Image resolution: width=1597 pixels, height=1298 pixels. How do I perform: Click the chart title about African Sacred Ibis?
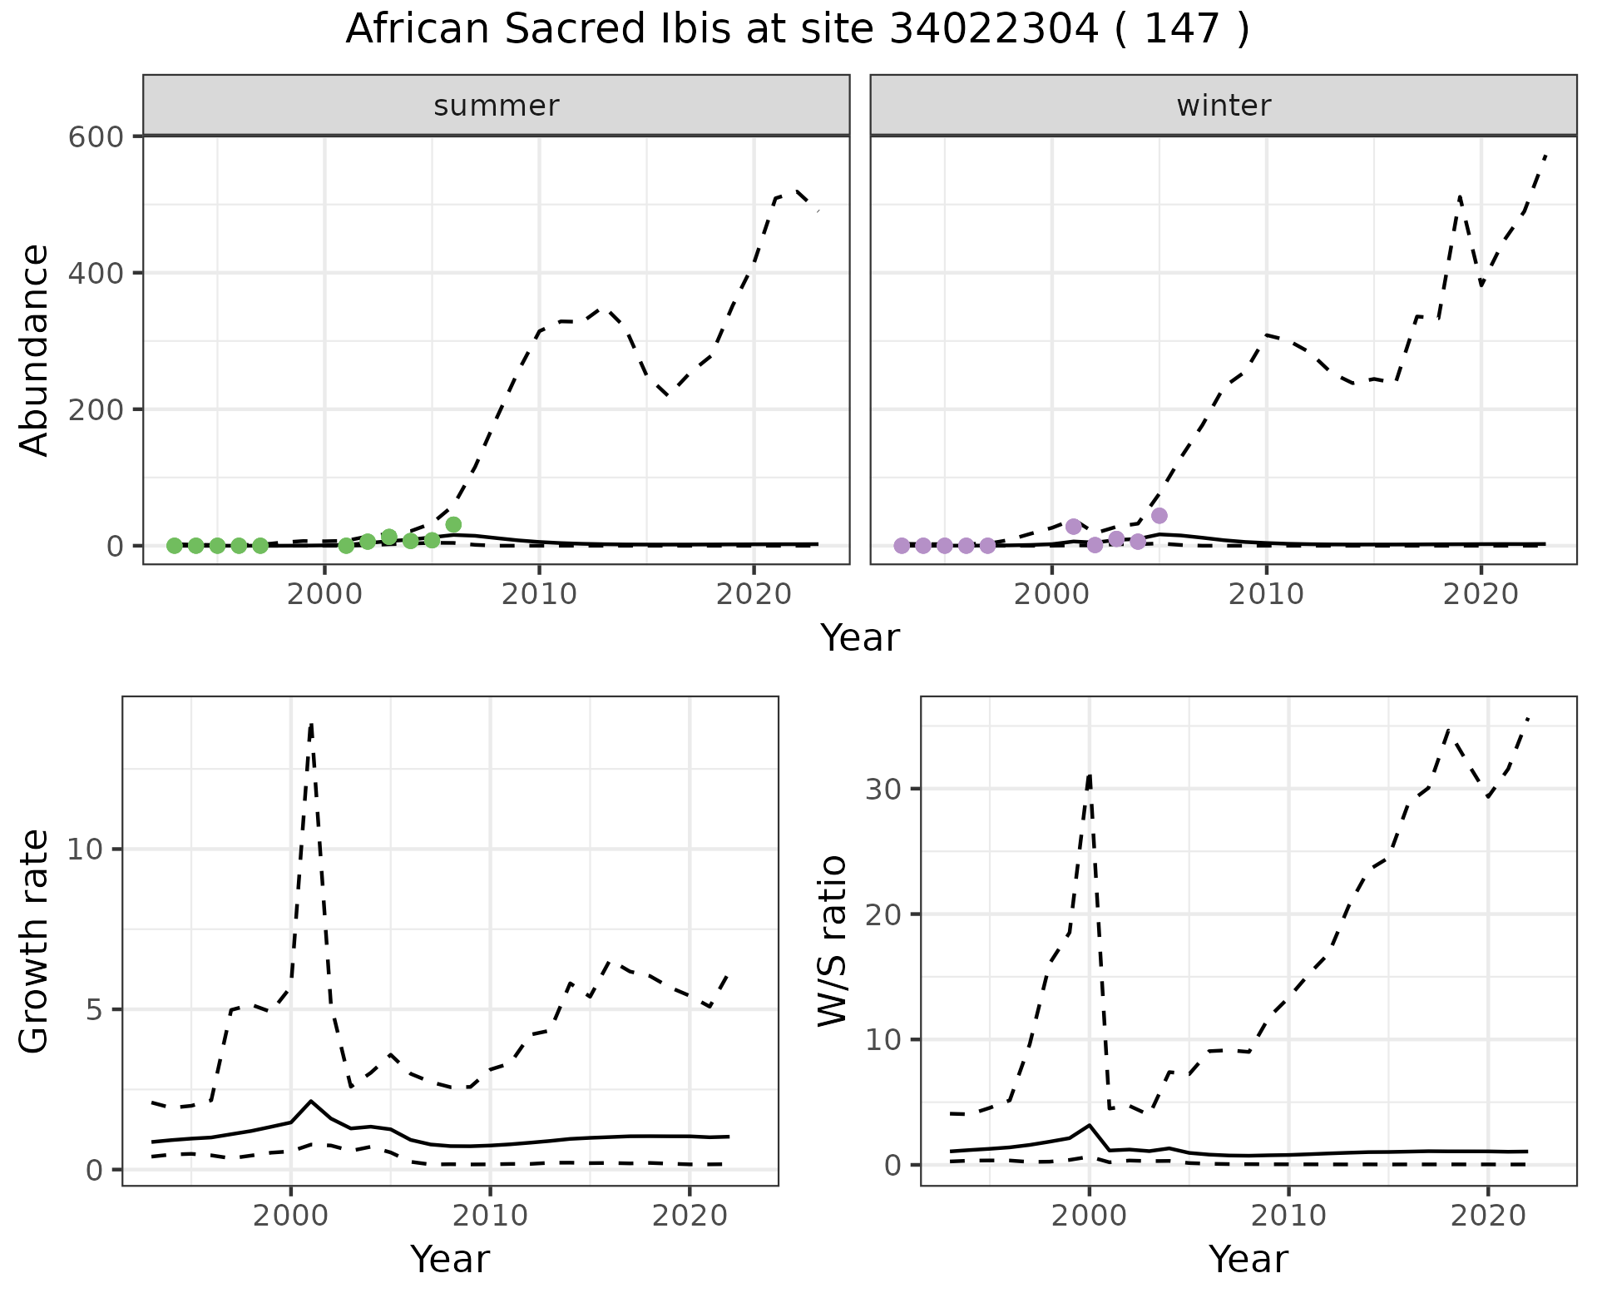[797, 30]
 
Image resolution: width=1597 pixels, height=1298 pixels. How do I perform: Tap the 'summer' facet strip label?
[497, 106]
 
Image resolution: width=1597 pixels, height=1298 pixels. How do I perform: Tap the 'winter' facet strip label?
[1224, 106]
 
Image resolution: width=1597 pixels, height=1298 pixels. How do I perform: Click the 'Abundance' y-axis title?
[35, 350]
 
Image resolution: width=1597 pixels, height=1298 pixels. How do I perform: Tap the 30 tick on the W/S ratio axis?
[885, 789]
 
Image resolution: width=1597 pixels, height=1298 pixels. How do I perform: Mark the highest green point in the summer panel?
[453, 524]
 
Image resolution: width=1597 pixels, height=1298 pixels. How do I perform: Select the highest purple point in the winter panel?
[1159, 516]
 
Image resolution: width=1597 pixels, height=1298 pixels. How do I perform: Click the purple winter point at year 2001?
[1074, 527]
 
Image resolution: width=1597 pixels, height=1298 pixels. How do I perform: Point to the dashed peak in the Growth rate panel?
[311, 724]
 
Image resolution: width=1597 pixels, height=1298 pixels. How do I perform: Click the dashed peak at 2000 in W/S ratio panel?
[1090, 775]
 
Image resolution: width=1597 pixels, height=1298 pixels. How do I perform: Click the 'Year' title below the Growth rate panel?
[450, 1259]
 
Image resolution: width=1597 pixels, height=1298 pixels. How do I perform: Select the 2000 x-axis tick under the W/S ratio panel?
[1090, 1216]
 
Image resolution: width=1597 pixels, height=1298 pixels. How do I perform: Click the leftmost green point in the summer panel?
[175, 546]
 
